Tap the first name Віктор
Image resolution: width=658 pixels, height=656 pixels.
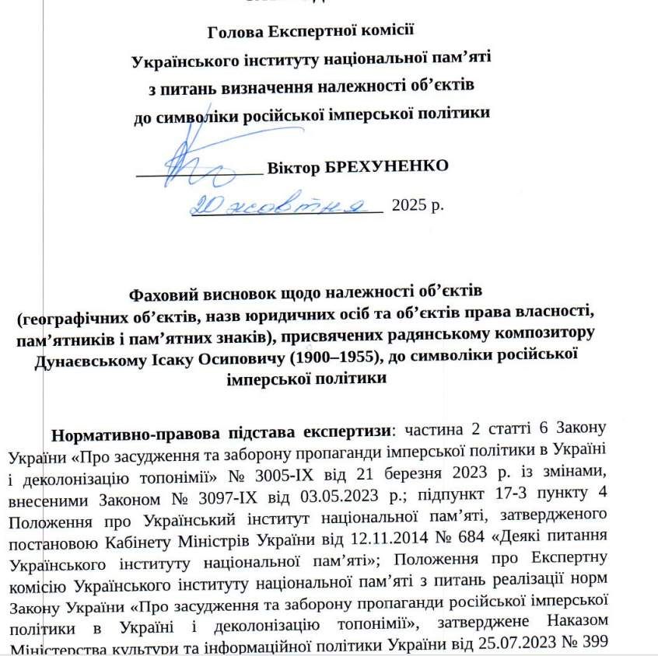pyautogui.click(x=293, y=167)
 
